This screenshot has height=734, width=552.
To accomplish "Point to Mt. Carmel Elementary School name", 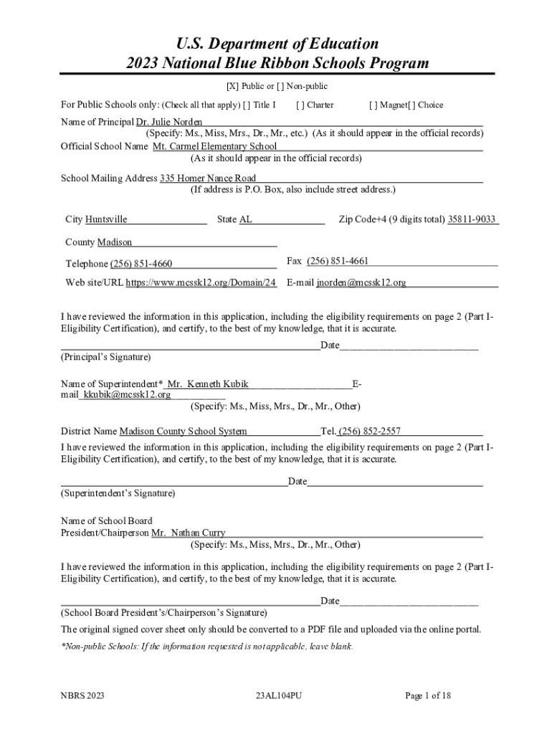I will (214, 146).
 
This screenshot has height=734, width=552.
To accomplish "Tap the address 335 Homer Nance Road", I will (207, 178).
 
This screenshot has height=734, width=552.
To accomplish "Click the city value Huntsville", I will (106, 219).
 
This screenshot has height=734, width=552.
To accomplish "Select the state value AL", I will (245, 219).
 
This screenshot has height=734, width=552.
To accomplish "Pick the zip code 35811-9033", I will (472, 219).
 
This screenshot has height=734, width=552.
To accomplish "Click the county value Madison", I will (114, 242).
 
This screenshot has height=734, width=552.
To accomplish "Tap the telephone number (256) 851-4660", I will (141, 264).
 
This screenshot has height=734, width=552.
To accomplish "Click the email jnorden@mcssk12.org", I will (361, 282).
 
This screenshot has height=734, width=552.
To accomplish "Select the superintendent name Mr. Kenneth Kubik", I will (207, 383).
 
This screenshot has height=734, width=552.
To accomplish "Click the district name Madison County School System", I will (183, 431).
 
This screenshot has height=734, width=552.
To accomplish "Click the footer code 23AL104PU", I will (278, 695).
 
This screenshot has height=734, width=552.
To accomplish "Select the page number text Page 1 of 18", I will (428, 695).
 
